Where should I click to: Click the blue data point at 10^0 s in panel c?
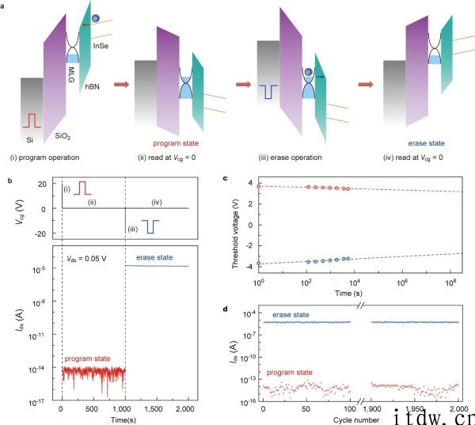pos(259,263)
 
